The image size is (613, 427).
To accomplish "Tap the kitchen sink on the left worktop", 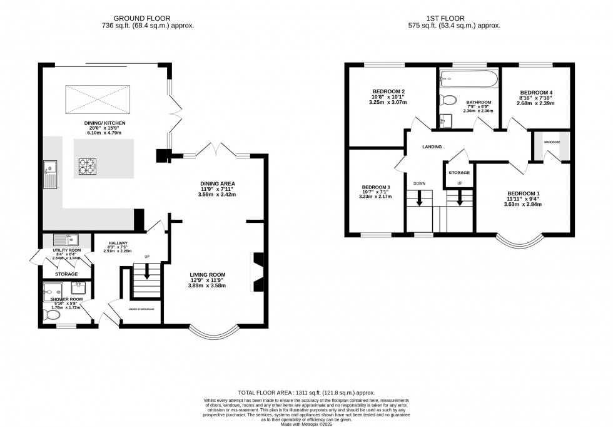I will pyautogui.click(x=49, y=173).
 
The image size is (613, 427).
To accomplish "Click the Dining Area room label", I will pyautogui.click(x=217, y=183).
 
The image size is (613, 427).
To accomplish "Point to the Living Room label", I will pyautogui.click(x=208, y=275).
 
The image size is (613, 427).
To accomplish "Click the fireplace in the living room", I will pyautogui.click(x=256, y=272).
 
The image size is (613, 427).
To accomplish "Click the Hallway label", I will pyautogui.click(x=118, y=243).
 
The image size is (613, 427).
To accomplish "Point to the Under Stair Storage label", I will pyautogui.click(x=141, y=309).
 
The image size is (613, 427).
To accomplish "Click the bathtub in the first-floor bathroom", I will pyautogui.click(x=468, y=79).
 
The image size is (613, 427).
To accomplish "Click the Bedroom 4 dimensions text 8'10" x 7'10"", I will pyautogui.click(x=535, y=98).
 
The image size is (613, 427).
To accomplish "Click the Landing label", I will pyautogui.click(x=432, y=147).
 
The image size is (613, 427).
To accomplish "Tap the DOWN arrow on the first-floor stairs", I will pyautogui.click(x=419, y=198).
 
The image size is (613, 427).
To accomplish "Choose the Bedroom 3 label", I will pyautogui.click(x=376, y=187).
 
